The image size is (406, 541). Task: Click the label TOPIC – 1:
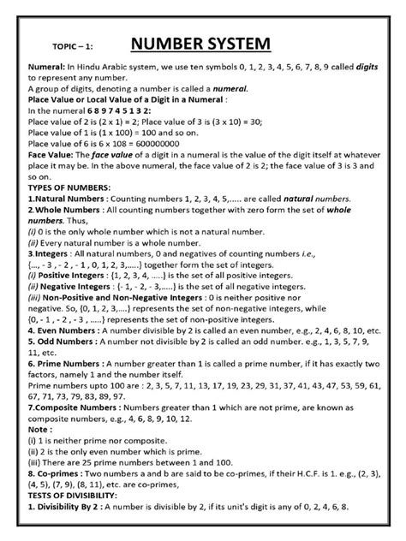click(x=62, y=49)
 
